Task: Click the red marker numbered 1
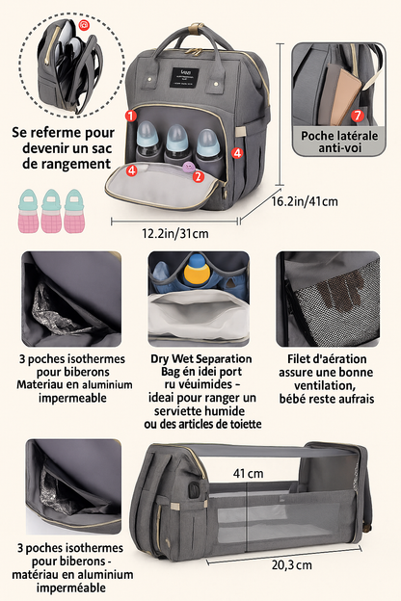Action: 130,116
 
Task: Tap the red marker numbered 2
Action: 198,176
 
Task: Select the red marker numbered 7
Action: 357,116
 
